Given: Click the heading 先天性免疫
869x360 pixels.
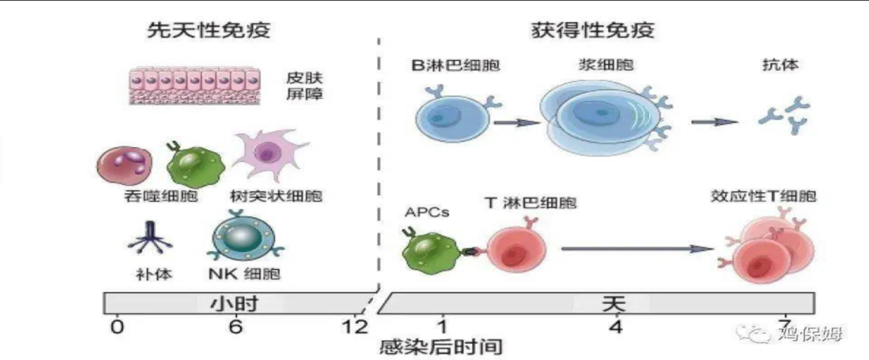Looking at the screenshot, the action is click(x=209, y=30).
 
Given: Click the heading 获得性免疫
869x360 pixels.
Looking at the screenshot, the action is click(x=593, y=30).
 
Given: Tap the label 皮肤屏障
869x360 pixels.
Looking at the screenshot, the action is click(x=304, y=86).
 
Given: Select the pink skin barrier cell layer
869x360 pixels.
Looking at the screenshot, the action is click(x=195, y=86).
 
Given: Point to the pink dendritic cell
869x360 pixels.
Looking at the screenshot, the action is click(x=269, y=153).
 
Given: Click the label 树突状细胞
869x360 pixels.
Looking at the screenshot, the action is click(x=276, y=196).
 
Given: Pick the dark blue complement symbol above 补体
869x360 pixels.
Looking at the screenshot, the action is click(x=151, y=238).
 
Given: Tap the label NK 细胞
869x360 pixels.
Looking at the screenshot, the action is click(x=244, y=274).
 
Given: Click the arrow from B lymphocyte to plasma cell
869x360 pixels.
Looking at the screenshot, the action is click(x=517, y=122).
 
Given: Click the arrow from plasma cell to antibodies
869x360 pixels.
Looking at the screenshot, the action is click(x=715, y=122).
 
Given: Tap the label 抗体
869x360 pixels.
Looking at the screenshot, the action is click(x=781, y=65).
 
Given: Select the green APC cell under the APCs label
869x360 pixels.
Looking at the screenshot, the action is click(x=432, y=251).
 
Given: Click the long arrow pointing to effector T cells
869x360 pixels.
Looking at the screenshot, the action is click(x=638, y=248).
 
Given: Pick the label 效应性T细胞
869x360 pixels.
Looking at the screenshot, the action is click(x=764, y=196).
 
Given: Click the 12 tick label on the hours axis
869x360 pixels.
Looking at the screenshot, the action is click(x=355, y=327).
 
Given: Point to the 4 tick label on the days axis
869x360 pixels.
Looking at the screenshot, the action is click(x=616, y=327).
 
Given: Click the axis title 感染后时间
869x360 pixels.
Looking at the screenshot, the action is click(x=441, y=347).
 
